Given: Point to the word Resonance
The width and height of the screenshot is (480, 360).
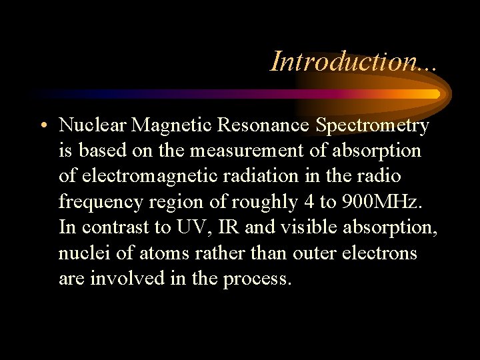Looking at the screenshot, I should coord(267,125).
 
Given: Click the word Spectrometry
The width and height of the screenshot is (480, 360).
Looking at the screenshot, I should coord(373,125).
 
